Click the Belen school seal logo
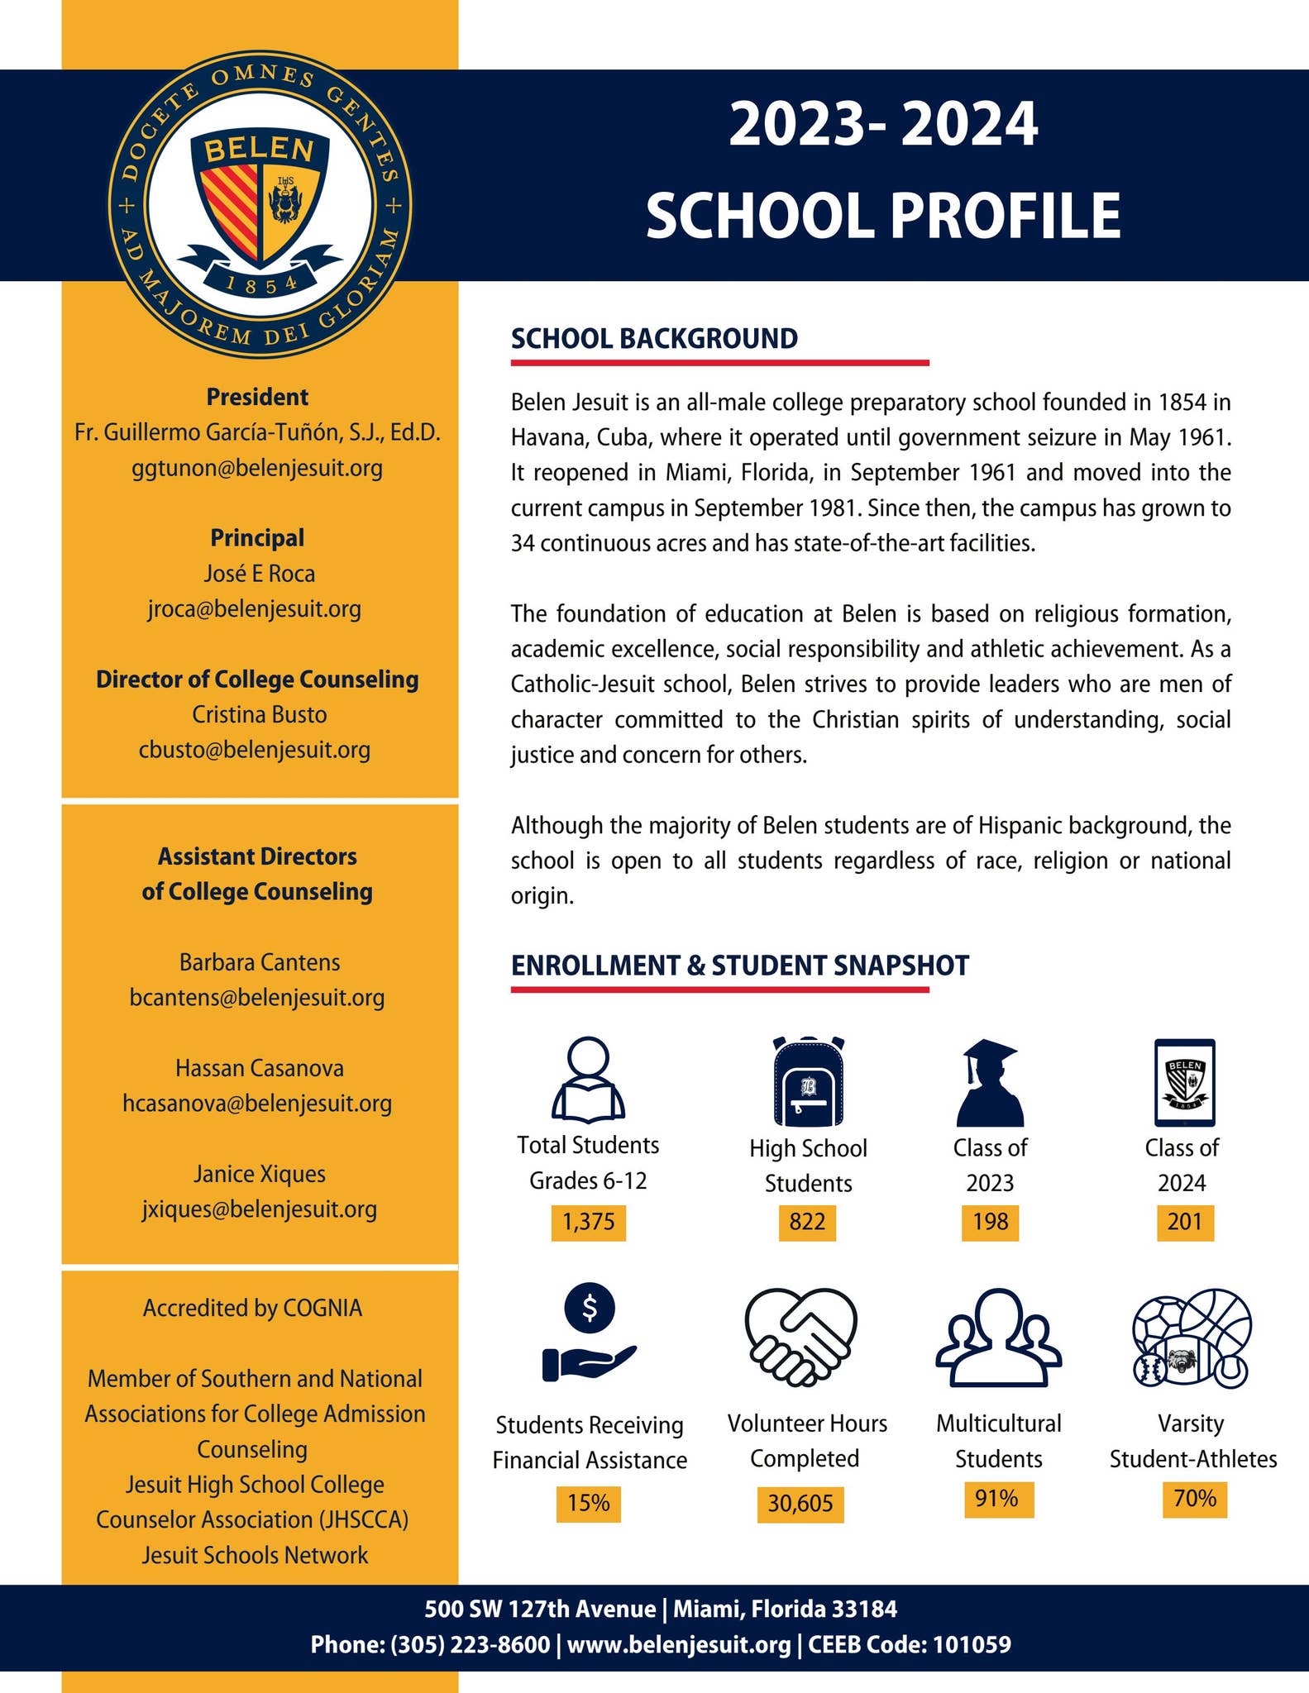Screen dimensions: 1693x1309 (x=260, y=204)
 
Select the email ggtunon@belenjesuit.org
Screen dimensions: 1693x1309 (x=257, y=469)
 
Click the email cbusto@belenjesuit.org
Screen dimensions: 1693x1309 (x=255, y=750)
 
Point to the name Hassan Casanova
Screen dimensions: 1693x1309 (x=260, y=1068)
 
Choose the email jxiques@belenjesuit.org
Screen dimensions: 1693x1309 (x=259, y=1209)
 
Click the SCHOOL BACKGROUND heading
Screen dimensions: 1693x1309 (x=654, y=339)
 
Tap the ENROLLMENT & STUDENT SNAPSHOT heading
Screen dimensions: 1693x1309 (x=739, y=966)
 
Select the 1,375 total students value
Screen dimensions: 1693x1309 (x=589, y=1222)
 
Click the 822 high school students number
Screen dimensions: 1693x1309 (x=807, y=1222)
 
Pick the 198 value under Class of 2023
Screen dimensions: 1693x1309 (x=990, y=1222)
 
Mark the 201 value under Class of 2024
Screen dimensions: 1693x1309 (x=1184, y=1222)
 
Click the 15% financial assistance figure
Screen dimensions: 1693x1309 (x=588, y=1503)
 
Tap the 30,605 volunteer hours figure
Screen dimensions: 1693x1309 (x=800, y=1503)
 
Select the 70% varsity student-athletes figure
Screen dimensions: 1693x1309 (x=1194, y=1499)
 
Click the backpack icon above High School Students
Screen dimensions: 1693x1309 (x=808, y=1080)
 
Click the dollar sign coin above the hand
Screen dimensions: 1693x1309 (x=590, y=1307)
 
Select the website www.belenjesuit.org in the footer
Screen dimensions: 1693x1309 (x=679, y=1644)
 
